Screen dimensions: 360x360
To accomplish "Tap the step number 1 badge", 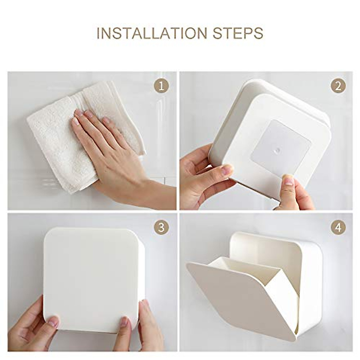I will (161, 87).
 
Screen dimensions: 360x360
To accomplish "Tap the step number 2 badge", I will (338, 87).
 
